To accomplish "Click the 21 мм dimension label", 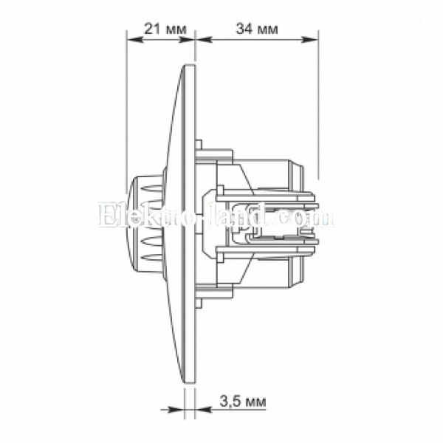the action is pyautogui.click(x=165, y=29).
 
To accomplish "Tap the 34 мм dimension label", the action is pyautogui.click(x=257, y=29).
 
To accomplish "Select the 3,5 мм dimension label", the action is pyautogui.click(x=243, y=401).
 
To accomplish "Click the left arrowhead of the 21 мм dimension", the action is pyautogui.click(x=135, y=40).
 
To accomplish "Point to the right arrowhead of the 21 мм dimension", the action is pyautogui.click(x=187, y=40).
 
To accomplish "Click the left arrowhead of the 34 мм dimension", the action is pyautogui.click(x=204, y=40).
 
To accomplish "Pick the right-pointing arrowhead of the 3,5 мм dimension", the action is pyautogui.click(x=176, y=409).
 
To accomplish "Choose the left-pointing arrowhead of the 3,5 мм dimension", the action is pyautogui.click(x=203, y=409).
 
